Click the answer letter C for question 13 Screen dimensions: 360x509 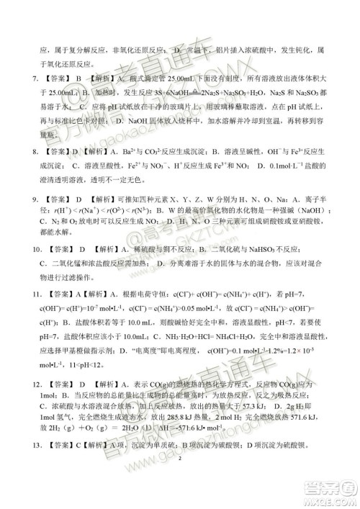(63, 445)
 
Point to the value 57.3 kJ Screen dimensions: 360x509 (271, 401)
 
